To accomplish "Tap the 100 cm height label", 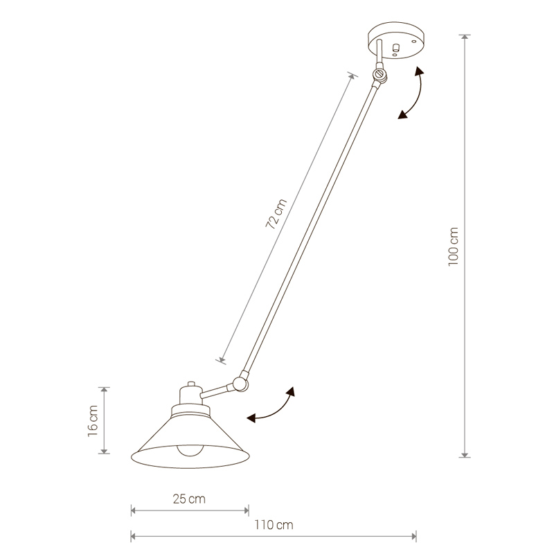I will pos(454,247).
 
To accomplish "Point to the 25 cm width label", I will pos(190,499).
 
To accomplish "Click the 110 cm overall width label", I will pos(274,524).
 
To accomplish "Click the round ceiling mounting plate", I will pos(393,42).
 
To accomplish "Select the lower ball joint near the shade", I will pos(240,381).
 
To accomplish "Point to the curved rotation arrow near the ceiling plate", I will pos(413,93).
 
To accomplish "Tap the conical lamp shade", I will pos(190,440).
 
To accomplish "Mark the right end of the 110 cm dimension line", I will pos(415,535).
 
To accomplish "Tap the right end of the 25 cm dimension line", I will pos(249,511).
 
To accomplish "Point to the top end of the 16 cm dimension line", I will pos(104,387).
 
